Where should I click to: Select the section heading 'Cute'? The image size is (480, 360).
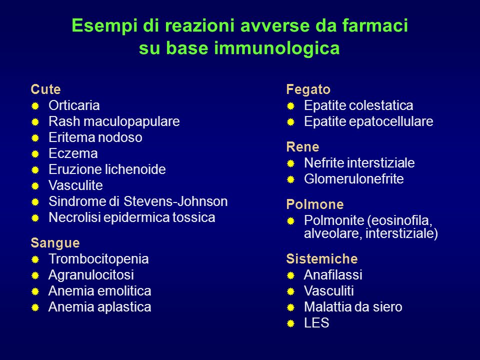point(45,89)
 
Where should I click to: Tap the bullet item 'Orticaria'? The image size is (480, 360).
point(74,105)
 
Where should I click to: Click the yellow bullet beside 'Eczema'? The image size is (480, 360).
point(35,153)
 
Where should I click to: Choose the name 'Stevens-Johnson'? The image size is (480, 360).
point(175,201)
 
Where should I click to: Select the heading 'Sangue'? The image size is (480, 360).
point(55,243)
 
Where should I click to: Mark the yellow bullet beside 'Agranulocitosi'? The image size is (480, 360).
point(35,275)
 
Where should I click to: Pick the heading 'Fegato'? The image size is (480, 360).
point(308,89)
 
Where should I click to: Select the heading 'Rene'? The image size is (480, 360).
point(303,147)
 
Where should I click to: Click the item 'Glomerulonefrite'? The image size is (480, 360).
point(354,179)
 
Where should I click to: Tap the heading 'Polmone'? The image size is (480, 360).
point(314,204)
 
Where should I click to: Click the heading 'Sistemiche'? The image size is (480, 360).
point(321,259)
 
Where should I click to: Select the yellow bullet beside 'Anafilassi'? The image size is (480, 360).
point(290,275)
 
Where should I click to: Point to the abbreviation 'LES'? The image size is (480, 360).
point(316,323)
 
